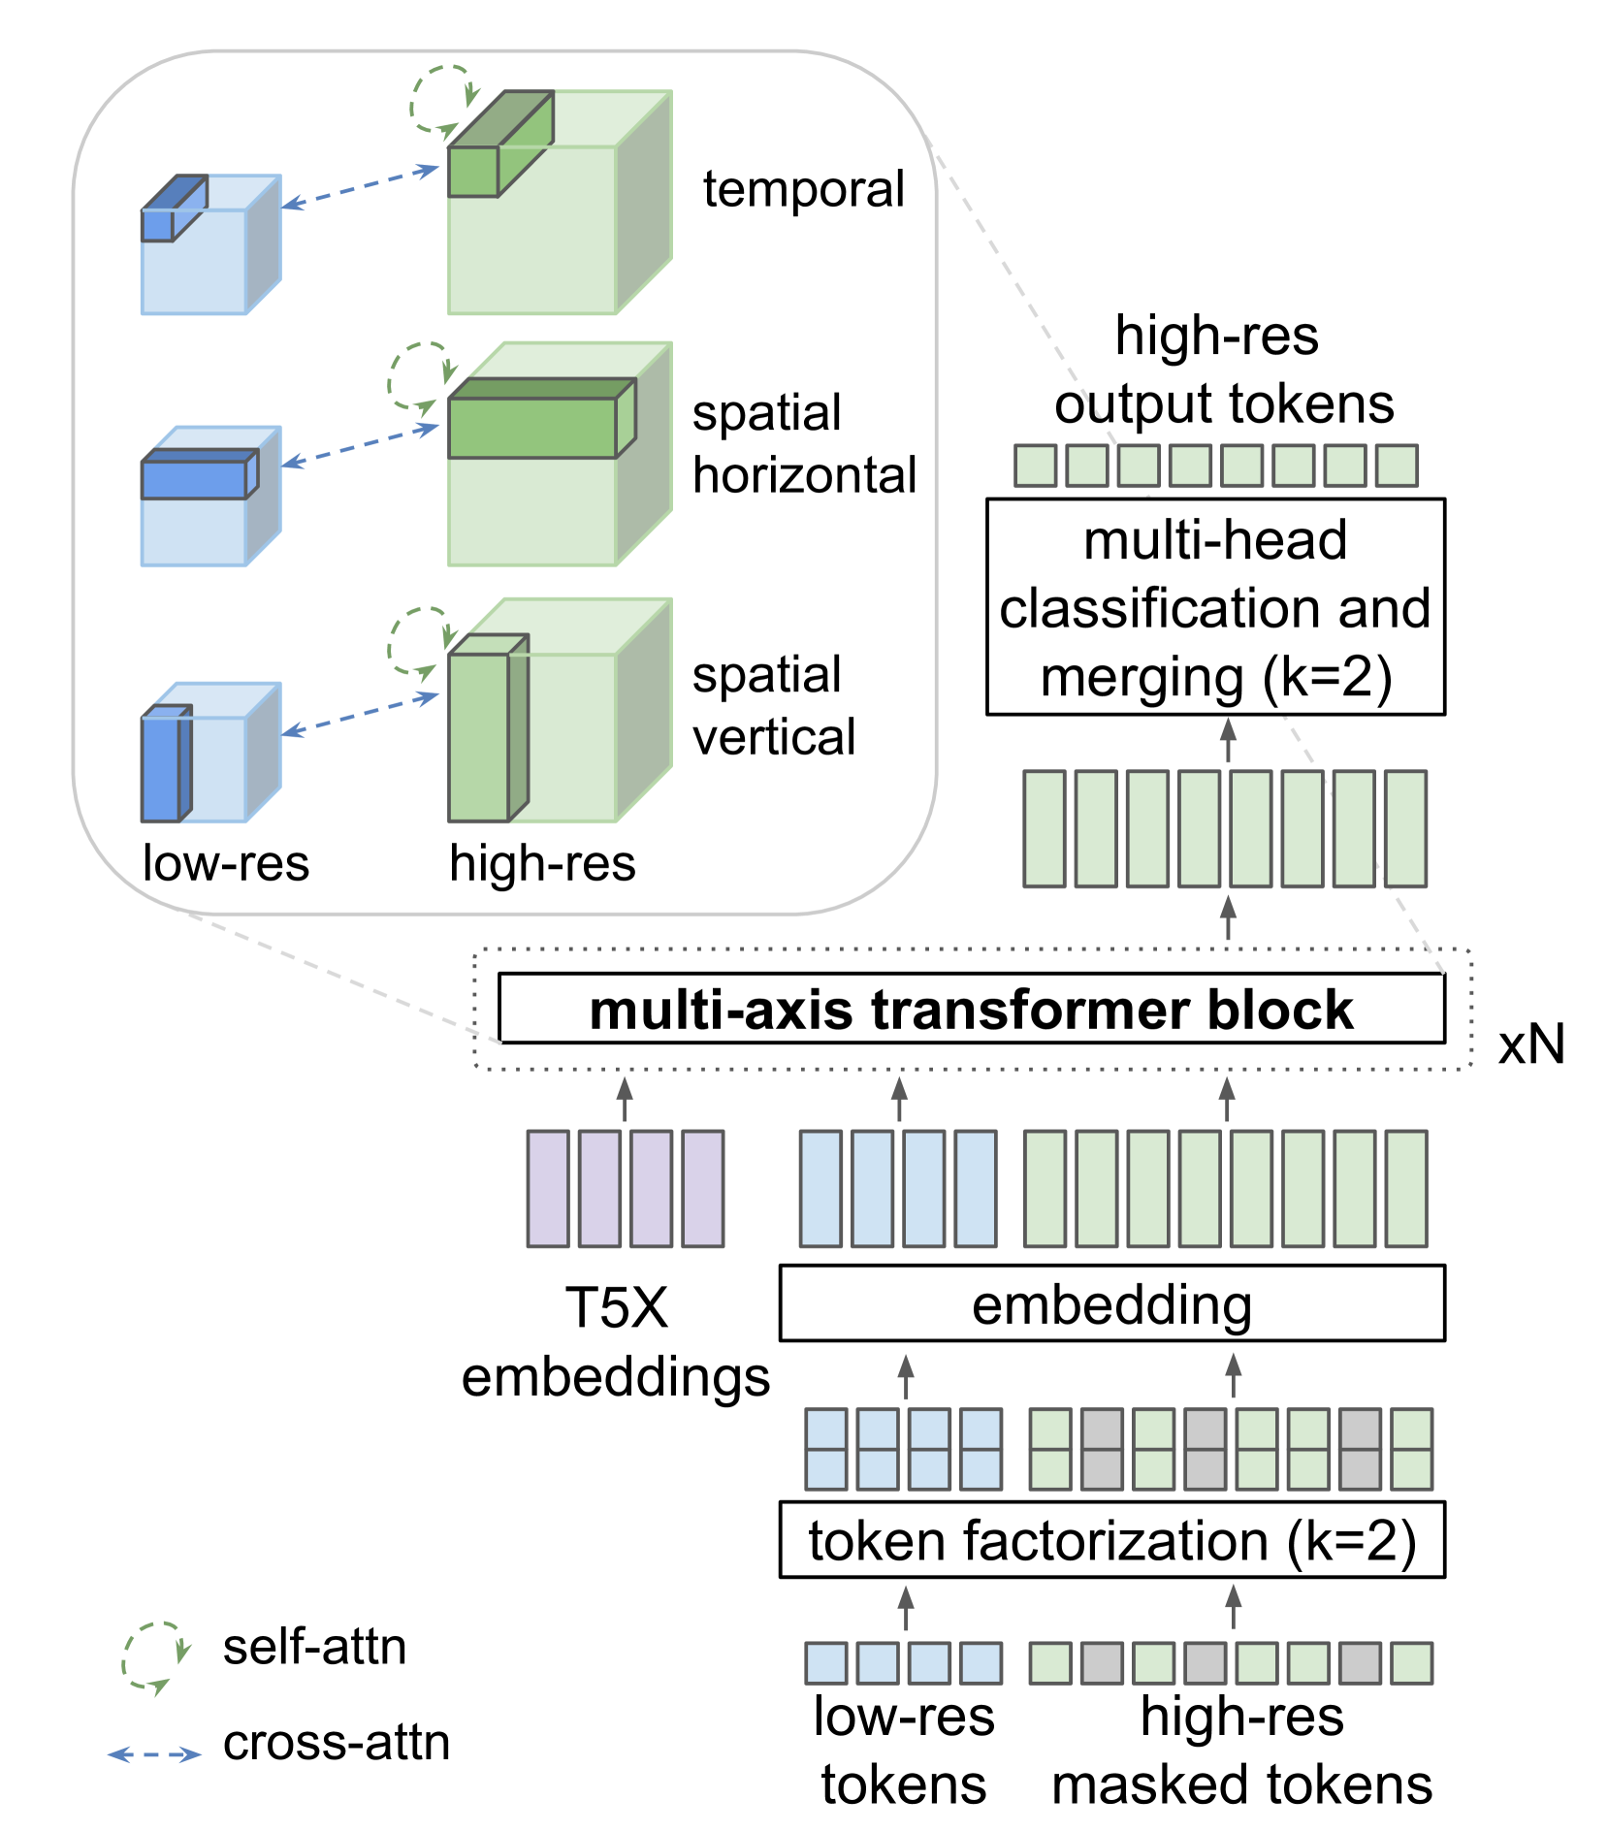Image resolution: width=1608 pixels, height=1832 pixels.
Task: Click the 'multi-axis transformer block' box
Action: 971,1010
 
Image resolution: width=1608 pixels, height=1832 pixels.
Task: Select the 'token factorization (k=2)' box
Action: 1111,1541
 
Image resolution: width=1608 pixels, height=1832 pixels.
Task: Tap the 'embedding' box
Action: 1111,1304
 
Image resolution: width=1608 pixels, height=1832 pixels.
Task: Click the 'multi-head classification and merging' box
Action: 1215,608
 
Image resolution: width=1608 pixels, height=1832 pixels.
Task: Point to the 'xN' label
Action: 1531,1045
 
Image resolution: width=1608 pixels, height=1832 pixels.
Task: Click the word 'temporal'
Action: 803,189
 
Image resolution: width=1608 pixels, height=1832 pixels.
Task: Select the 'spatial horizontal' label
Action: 803,444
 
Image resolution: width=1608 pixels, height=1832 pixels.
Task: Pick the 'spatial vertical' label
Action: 773,706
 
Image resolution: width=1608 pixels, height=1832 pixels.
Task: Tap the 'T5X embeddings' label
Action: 616,1342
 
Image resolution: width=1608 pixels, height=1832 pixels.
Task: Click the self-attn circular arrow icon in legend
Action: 154,1656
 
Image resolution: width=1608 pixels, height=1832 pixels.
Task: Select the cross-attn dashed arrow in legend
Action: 154,1754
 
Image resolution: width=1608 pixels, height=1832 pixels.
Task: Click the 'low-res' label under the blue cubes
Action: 225,862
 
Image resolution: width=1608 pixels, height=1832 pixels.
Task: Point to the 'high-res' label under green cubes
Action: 542,862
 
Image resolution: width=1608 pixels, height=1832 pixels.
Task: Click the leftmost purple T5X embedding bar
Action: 548,1188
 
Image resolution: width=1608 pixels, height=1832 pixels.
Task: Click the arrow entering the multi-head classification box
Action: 1228,740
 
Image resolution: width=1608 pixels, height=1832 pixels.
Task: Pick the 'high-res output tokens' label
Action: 1222,370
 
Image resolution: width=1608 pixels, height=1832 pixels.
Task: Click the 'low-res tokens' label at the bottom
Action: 904,1751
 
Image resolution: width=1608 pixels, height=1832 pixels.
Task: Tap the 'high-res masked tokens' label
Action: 1241,1751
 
